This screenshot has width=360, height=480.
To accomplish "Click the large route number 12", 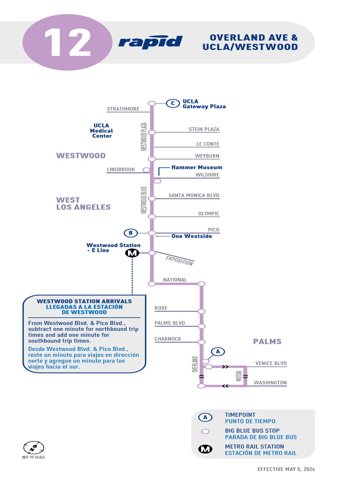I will pyautogui.click(x=67, y=43).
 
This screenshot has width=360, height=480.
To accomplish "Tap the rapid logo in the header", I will pyautogui.click(x=150, y=42).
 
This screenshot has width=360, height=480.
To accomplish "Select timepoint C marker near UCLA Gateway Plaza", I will pyautogui.click(x=172, y=103).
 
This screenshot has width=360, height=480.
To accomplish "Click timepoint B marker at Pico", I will pyautogui.click(x=131, y=233).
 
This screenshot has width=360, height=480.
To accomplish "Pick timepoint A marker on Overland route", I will pyautogui.click(x=217, y=351).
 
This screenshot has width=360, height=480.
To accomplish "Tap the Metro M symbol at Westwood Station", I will pyautogui.click(x=132, y=253).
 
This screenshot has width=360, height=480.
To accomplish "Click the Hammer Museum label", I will pyautogui.click(x=196, y=167).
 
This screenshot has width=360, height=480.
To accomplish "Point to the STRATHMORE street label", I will pyautogui.click(x=123, y=109).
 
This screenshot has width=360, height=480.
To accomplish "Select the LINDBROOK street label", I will pyautogui.click(x=120, y=170).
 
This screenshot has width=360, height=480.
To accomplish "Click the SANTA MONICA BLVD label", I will pyautogui.click(x=194, y=195).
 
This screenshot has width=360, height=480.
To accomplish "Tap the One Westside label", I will pyautogui.click(x=191, y=236).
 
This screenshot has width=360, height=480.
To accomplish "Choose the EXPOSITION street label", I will pyautogui.click(x=180, y=261).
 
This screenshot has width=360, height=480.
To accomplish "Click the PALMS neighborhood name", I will pyautogui.click(x=267, y=342).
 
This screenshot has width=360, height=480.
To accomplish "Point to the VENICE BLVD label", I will pyautogui.click(x=271, y=363).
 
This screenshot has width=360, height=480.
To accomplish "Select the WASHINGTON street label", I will pyautogui.click(x=270, y=383).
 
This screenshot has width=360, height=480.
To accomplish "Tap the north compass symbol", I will pyautogui.click(x=34, y=447).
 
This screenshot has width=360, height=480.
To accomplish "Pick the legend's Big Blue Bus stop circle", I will pyautogui.click(x=205, y=431).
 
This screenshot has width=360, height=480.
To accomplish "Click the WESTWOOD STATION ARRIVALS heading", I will pyautogui.click(x=84, y=301).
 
